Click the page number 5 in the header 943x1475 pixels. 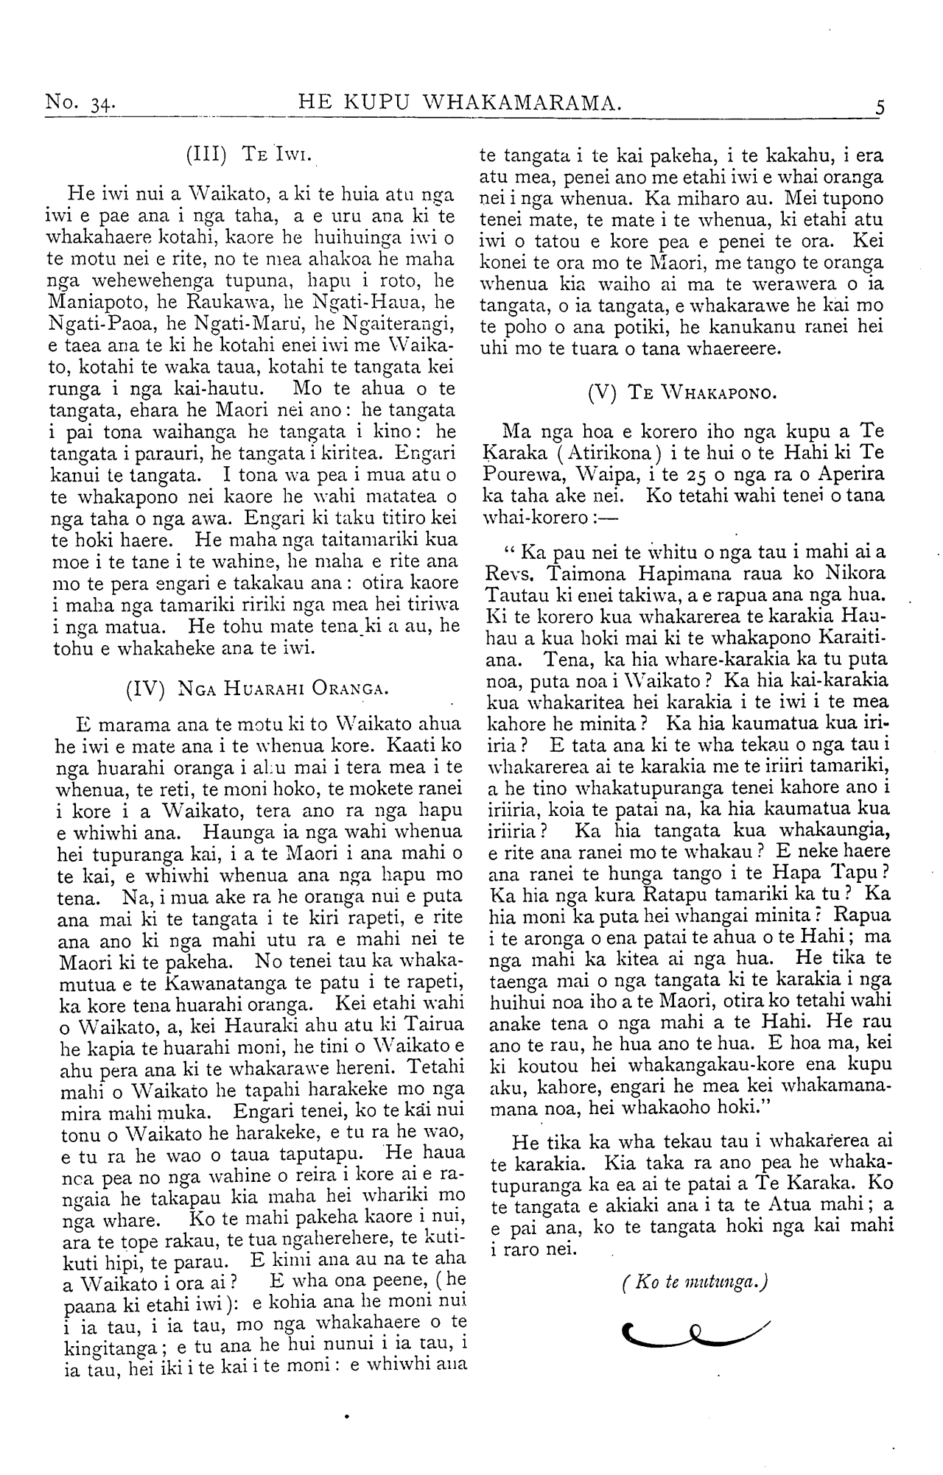coord(880,108)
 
